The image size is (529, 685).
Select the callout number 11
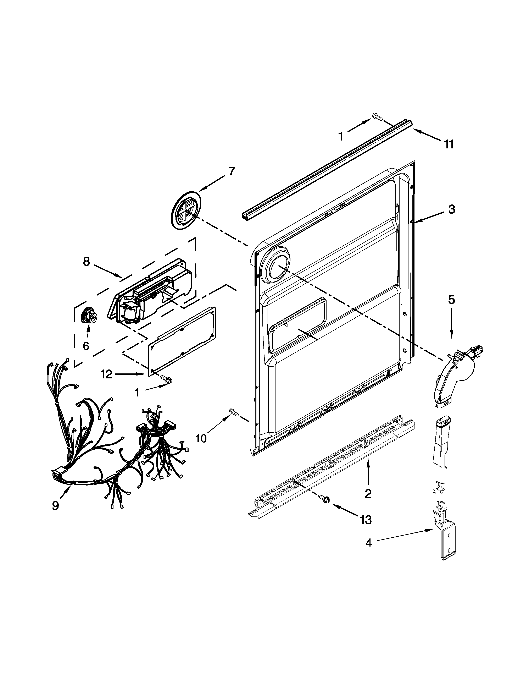coord(449,144)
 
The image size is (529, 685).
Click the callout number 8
coord(87,261)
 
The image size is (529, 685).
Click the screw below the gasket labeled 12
coord(166,379)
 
